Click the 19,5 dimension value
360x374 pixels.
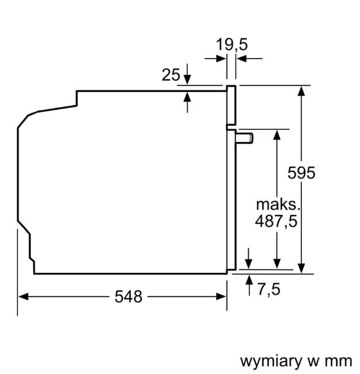231,44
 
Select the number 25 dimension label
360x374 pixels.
171,75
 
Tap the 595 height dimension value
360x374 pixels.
301,172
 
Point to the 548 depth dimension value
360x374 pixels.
128,296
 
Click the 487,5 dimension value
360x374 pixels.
276,221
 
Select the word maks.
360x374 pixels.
278,204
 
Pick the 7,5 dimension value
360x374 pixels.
268,290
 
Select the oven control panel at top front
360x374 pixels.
231,106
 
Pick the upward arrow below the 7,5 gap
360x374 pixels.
249,280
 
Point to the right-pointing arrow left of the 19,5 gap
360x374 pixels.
220,58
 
